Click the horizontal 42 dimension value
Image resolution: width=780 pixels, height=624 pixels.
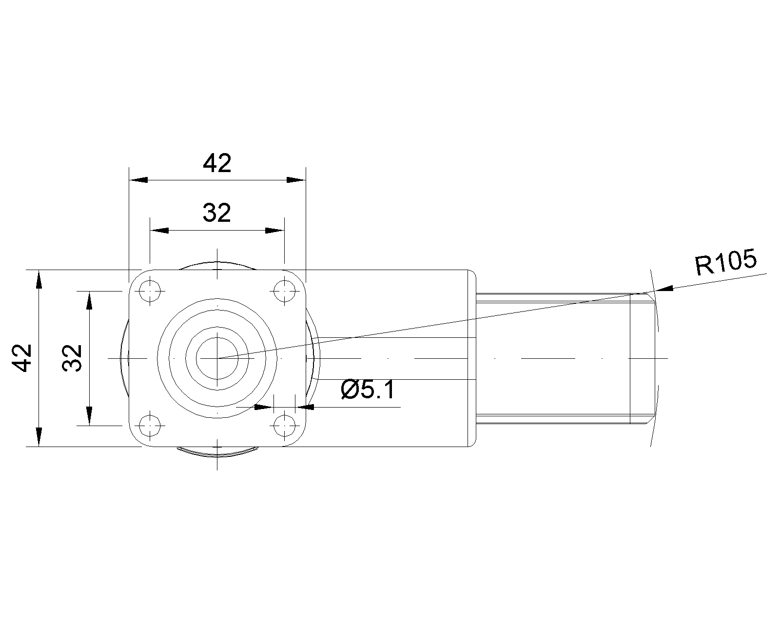217,163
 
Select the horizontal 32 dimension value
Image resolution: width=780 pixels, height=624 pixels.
217,213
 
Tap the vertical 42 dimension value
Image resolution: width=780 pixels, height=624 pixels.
22,358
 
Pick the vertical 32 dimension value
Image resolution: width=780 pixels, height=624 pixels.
72,358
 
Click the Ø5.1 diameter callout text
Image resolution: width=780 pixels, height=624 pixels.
368,390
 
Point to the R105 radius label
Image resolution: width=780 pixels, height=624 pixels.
725,262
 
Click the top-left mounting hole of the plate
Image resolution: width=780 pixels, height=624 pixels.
150,291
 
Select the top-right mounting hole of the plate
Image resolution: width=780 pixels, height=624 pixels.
285,291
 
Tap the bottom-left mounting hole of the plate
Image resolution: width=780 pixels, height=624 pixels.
150,426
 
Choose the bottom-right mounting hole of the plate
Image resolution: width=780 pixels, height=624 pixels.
285,426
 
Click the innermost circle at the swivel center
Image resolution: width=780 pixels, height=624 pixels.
217,358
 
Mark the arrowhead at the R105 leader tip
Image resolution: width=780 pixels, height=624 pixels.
663,289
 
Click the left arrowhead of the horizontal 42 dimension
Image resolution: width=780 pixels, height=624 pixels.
138,180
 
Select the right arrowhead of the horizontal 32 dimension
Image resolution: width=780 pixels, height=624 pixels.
275,231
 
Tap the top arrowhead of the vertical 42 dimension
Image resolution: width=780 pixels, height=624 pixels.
39,279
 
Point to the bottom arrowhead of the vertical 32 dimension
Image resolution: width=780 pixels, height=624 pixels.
89,417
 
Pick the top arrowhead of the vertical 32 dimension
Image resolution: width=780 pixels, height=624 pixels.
89,300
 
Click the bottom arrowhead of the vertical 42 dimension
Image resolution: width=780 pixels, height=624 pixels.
39,437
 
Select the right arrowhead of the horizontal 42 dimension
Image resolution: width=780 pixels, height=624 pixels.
296,180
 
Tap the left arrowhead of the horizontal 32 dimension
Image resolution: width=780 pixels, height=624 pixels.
159,231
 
